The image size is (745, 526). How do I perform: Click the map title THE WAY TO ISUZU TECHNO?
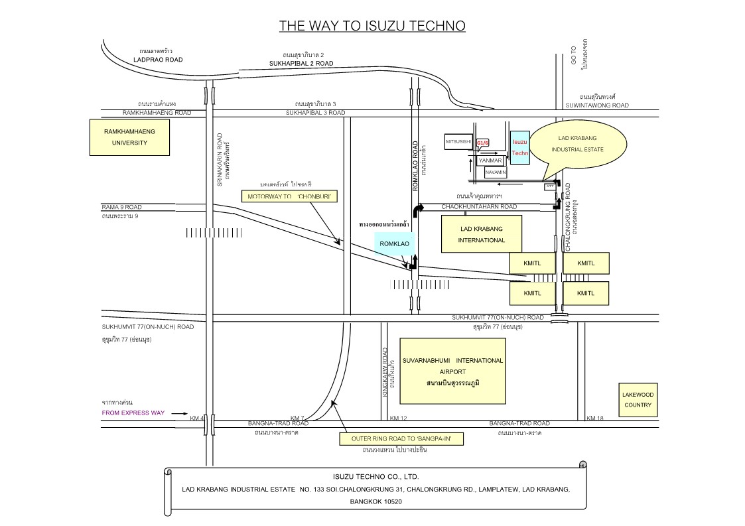(372, 26)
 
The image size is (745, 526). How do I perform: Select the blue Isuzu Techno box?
(520, 147)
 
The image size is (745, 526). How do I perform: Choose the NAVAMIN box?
(496, 172)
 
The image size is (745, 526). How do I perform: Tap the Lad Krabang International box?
(482, 234)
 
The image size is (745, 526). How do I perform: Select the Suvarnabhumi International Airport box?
(452, 371)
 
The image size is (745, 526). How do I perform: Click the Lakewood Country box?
(638, 399)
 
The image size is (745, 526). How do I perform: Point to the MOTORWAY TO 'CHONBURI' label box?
(289, 197)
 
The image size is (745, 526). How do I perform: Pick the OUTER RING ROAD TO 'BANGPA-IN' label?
(400, 439)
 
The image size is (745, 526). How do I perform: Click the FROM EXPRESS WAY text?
(133, 413)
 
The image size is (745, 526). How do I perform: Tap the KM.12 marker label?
(398, 418)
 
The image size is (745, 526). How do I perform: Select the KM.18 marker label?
(595, 418)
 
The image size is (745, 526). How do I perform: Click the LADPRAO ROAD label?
(157, 59)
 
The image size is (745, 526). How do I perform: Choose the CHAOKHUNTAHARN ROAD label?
(479, 207)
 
